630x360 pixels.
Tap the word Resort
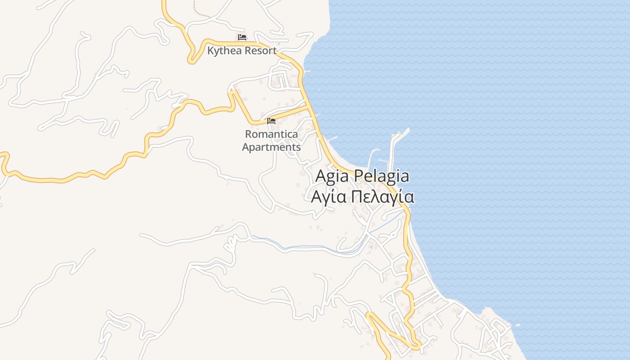[x=260, y=51]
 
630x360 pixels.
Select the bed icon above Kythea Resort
[x=242, y=37]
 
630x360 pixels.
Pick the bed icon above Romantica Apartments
[x=271, y=121]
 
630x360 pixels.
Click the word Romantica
[x=271, y=134]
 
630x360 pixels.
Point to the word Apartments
[x=271, y=147]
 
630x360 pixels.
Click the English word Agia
[x=332, y=176]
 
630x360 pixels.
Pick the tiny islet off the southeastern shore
[x=517, y=325]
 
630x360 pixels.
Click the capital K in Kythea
[x=211, y=51]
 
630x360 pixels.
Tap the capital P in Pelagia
[x=357, y=176]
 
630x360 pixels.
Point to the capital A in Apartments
[x=246, y=147]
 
